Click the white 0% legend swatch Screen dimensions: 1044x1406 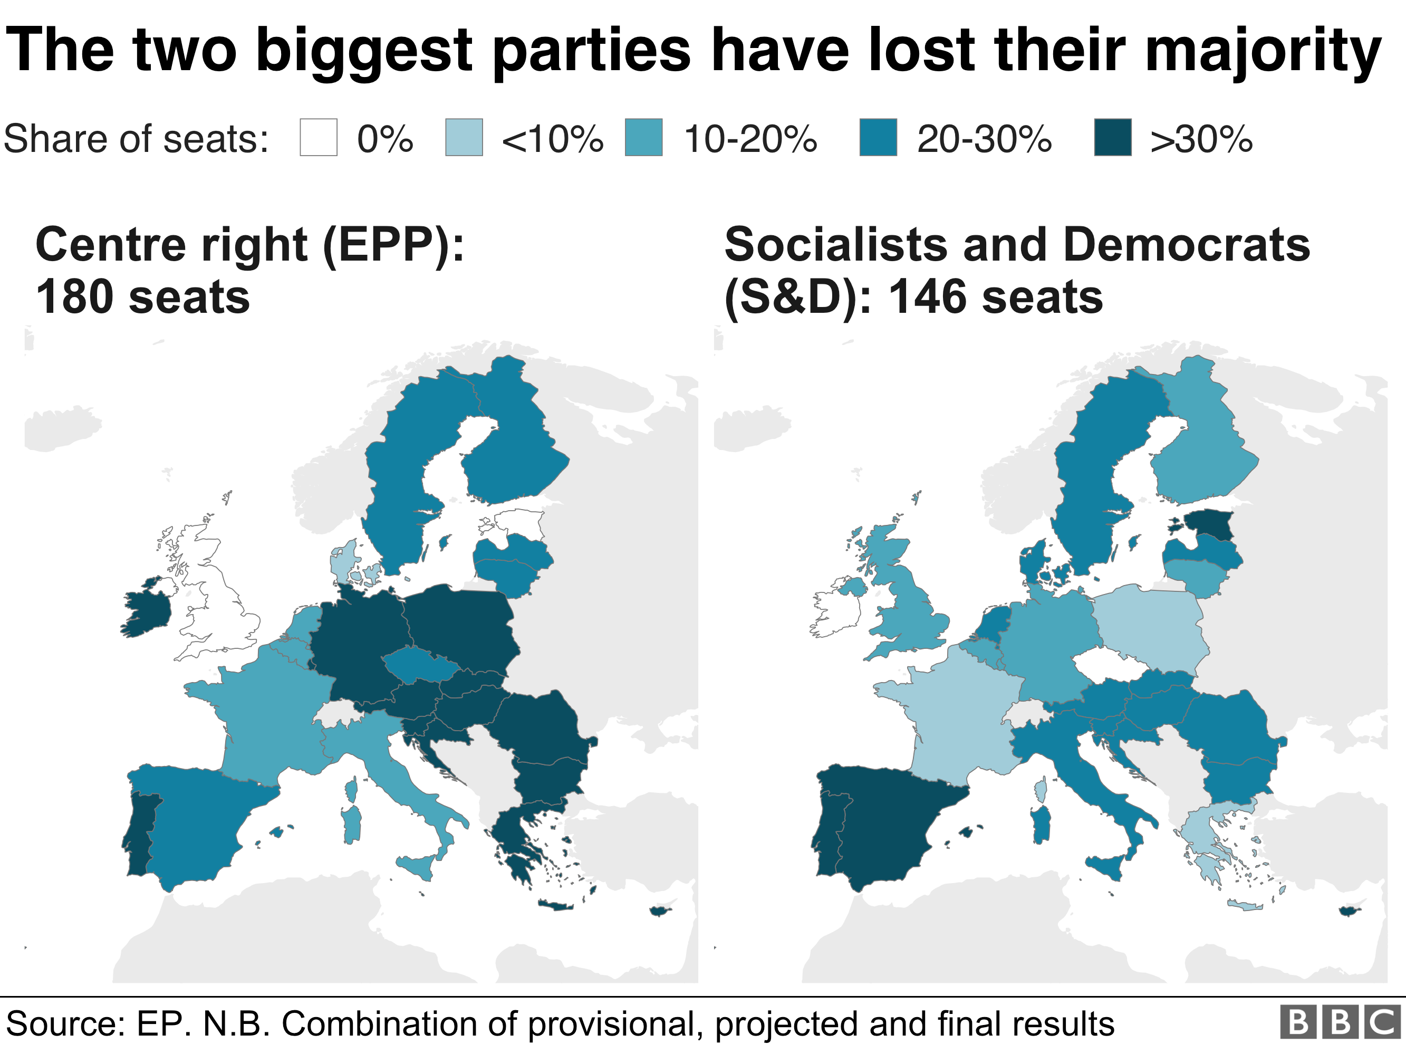(319, 137)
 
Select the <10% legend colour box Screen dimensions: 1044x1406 (464, 137)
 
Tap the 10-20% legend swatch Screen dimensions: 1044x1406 (643, 137)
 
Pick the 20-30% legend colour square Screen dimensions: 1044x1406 (878, 137)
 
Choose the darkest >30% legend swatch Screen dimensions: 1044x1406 (1112, 137)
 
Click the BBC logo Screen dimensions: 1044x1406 (1340, 1022)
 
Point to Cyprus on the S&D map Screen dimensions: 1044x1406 (1349, 911)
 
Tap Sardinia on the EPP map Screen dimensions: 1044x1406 (351, 825)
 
